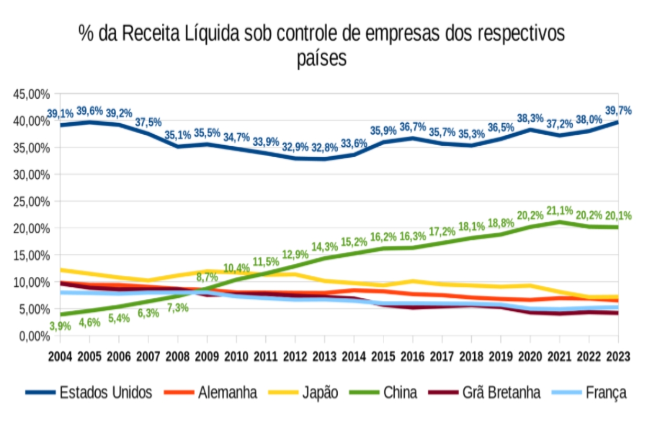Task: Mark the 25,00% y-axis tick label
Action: tap(31, 201)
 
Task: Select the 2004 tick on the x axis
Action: tap(60, 357)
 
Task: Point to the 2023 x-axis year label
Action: tap(618, 357)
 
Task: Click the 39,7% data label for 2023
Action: tap(618, 111)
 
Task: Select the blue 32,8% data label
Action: tap(325, 147)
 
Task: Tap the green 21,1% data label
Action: tap(560, 211)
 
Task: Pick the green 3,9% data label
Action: tap(60, 326)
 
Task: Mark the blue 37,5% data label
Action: tap(149, 122)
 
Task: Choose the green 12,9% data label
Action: tap(295, 240)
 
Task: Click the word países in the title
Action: tap(322, 58)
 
